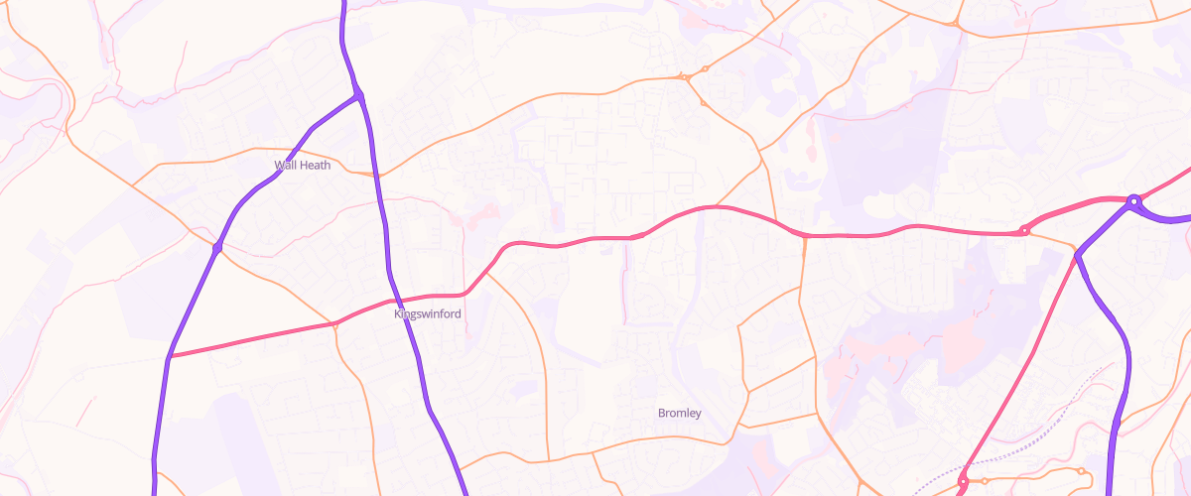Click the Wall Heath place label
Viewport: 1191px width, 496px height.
coord(302,165)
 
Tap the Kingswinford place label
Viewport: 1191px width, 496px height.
coord(428,314)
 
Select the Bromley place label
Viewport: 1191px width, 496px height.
coord(680,413)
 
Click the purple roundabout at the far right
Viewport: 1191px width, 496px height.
coord(1133,202)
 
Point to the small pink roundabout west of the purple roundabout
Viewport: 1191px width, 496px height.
coord(1024,232)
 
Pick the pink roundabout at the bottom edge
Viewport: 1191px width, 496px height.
coord(962,482)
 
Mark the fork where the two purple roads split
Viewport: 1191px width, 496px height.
coord(358,96)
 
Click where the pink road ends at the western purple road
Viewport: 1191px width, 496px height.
coord(170,356)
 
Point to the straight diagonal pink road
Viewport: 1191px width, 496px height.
coord(1022,367)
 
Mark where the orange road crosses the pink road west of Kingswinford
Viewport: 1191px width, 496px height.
coord(335,323)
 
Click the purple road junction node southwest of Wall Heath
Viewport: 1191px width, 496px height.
coord(216,247)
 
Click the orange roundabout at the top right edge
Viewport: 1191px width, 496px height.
coord(954,23)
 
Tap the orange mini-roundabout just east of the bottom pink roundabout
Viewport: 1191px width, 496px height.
coord(1081,470)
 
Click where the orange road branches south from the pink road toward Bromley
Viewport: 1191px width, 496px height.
coord(803,238)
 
